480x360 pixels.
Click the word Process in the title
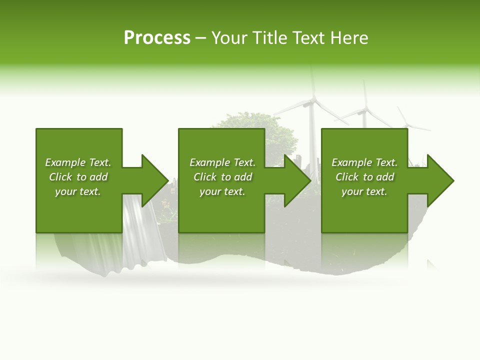coord(157,38)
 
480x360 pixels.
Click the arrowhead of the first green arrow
coord(155,180)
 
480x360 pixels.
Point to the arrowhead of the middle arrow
coord(298,180)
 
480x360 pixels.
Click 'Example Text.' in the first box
coord(78,162)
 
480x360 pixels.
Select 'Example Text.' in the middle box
coord(222,162)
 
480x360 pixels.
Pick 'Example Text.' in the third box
coord(364,162)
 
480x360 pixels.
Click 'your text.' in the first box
coord(78,191)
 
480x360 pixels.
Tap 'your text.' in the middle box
coord(222,191)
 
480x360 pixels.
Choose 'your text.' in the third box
coord(364,191)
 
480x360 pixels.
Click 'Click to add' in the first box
coord(78,177)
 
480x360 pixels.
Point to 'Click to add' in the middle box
coord(222,177)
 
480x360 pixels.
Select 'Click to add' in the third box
coord(364,177)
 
